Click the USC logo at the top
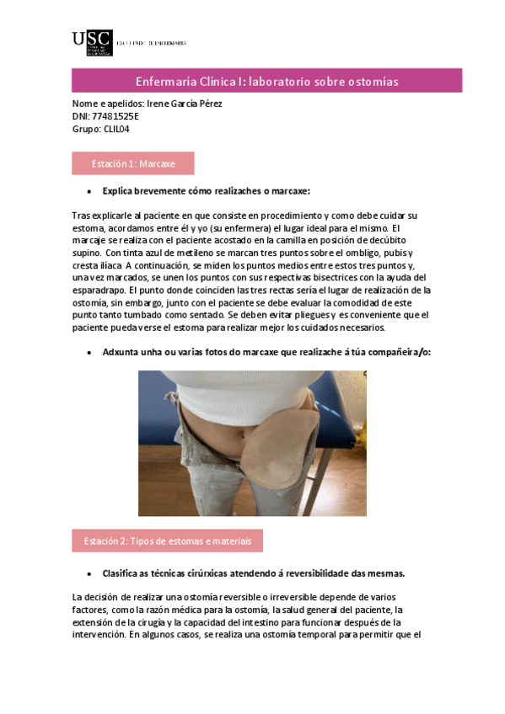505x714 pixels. (x=92, y=42)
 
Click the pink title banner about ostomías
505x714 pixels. (x=266, y=81)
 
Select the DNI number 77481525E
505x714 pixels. (x=116, y=116)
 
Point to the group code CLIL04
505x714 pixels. (x=116, y=129)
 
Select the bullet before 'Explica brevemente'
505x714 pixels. (x=89, y=191)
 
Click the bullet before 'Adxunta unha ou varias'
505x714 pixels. (x=89, y=352)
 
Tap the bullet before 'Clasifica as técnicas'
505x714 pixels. (x=89, y=573)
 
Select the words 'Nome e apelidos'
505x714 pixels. (x=107, y=104)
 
